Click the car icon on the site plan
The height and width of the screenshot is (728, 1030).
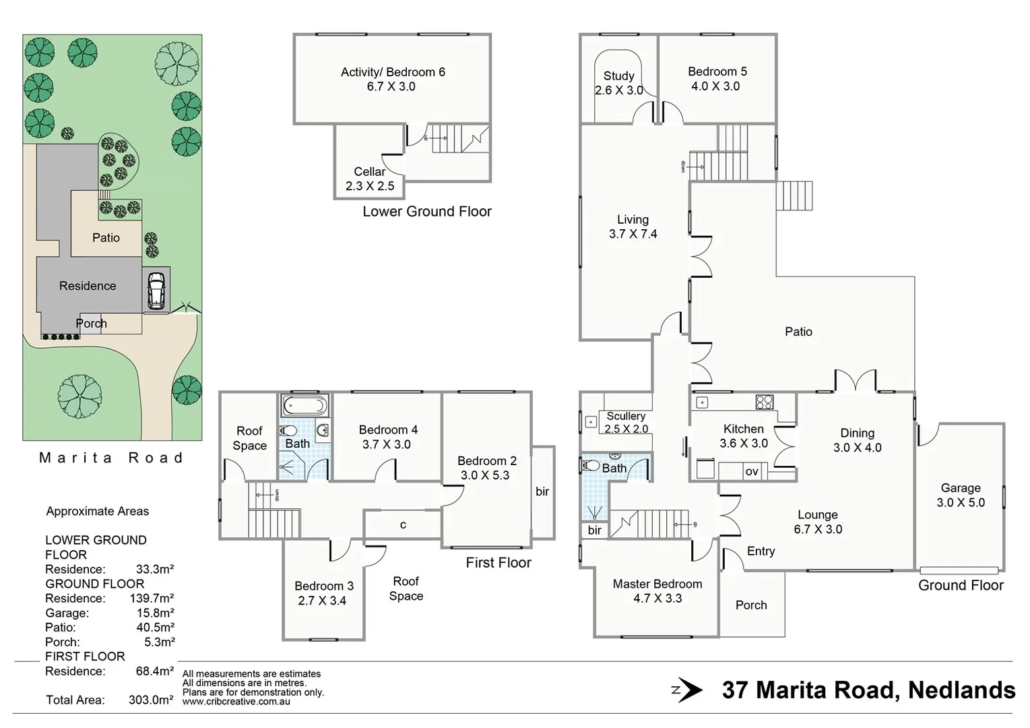[156, 290]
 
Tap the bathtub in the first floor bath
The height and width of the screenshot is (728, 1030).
[304, 406]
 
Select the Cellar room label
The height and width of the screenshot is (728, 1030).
[370, 172]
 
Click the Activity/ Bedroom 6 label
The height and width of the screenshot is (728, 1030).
[393, 72]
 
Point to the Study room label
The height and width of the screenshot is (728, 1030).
[618, 76]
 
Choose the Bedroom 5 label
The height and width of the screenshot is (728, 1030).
[717, 71]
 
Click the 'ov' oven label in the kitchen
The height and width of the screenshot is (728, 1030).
[752, 472]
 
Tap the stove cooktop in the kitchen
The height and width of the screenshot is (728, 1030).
[764, 402]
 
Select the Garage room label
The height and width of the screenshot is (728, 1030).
[961, 488]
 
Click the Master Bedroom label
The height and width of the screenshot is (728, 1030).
[657, 584]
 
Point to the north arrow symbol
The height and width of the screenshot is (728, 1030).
[688, 690]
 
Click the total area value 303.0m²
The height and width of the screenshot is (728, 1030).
[151, 700]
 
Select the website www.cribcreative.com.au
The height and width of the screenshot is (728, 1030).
[236, 702]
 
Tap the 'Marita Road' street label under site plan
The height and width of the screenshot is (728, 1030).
[111, 458]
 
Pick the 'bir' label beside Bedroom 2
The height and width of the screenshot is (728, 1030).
[542, 492]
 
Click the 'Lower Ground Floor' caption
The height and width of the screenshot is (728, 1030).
[427, 212]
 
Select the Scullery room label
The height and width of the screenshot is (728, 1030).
[626, 417]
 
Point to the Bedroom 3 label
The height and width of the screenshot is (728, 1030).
[323, 586]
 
